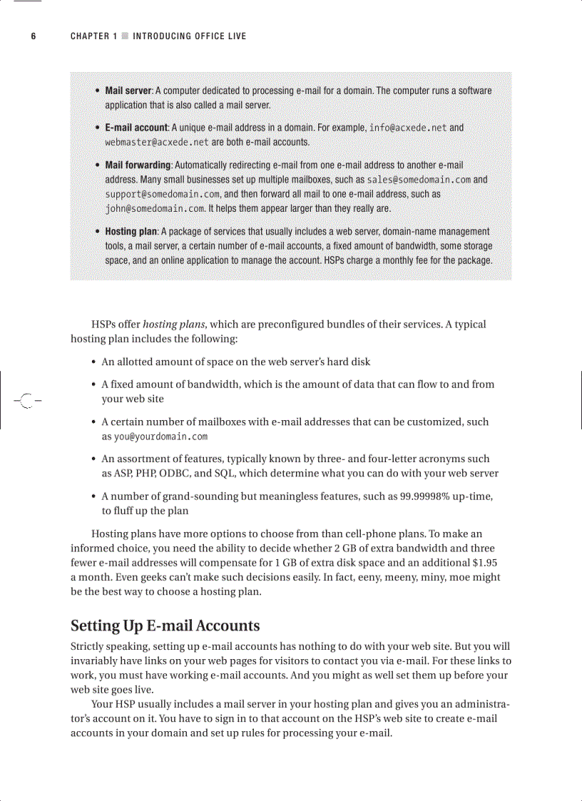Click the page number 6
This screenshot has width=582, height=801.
coord(33,36)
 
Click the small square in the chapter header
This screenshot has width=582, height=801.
coord(125,36)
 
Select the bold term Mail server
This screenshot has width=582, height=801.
coord(128,91)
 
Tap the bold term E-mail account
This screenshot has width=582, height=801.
coord(136,128)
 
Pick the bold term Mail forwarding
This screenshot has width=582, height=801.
coord(138,165)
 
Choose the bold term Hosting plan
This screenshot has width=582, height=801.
coord(131,232)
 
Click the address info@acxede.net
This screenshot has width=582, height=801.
coord(407,128)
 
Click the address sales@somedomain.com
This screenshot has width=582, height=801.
coord(414,180)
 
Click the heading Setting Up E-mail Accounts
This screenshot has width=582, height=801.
coord(165,626)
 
